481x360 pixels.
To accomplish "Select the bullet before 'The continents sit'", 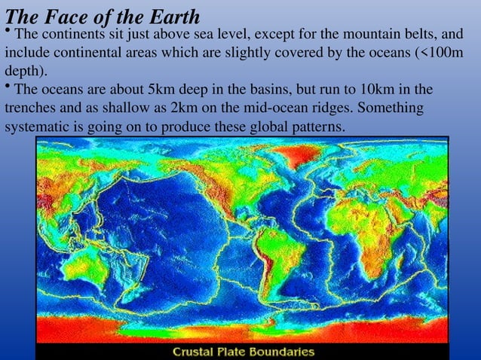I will coord(8,31).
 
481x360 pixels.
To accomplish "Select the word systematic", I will coord(36,128).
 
